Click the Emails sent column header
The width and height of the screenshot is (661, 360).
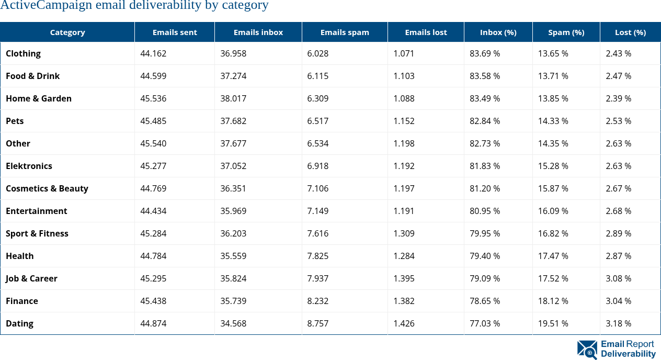point(175,32)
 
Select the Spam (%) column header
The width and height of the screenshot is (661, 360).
point(566,32)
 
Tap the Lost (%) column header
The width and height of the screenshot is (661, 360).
point(630,32)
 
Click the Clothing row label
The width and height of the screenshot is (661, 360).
point(23,53)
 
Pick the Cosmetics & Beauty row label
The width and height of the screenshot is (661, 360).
point(47,188)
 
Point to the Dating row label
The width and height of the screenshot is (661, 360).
point(19,323)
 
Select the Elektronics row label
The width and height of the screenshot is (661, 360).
point(29,166)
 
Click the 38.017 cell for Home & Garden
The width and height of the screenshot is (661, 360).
point(233,98)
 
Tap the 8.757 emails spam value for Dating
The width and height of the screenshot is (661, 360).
point(318,323)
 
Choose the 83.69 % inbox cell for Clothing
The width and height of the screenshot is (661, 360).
point(485,53)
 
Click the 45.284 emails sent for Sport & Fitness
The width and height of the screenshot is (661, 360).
point(153,233)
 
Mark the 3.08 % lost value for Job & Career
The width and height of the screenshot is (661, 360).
point(618,278)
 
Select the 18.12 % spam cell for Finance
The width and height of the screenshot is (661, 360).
point(553,301)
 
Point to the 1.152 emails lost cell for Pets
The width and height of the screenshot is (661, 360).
point(404,121)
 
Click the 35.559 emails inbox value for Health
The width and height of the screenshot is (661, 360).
point(233,256)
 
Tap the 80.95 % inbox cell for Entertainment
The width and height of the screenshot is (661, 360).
point(485,211)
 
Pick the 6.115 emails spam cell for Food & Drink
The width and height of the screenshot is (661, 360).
point(318,76)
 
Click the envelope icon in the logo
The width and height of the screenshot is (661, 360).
point(587,350)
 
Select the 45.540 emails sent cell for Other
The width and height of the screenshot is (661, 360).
point(153,143)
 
